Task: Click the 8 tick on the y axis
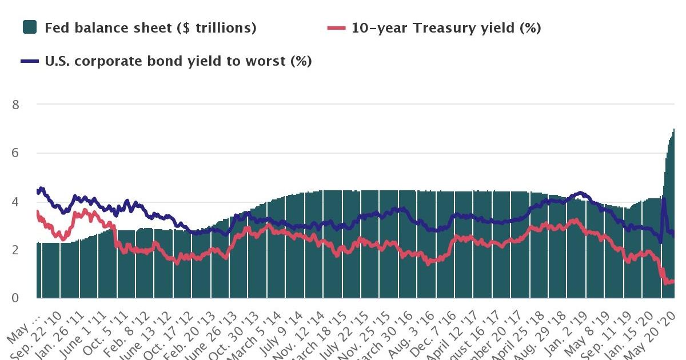coord(16,105)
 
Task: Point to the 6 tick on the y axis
coord(16,153)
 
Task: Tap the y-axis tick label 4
coord(16,202)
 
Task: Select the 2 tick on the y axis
coord(16,250)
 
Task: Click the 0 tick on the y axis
coord(16,298)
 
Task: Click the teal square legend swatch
coord(30,27)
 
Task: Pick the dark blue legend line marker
coord(30,61)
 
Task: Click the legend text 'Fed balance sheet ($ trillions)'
coord(150,27)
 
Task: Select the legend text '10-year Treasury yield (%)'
coord(446,27)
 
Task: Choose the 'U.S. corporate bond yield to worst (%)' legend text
coord(178,61)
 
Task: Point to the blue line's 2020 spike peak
coord(663,198)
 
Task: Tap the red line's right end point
coord(674,281)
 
